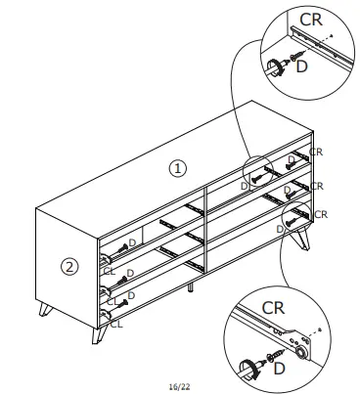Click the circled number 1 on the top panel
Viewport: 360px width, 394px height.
(x=177, y=168)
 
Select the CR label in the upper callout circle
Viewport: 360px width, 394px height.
(x=309, y=19)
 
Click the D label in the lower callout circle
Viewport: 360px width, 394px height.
(x=281, y=369)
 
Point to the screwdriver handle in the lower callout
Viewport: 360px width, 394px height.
(x=245, y=367)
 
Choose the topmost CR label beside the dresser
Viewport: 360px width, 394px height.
(x=315, y=152)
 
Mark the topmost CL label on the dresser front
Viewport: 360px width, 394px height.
(x=110, y=271)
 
